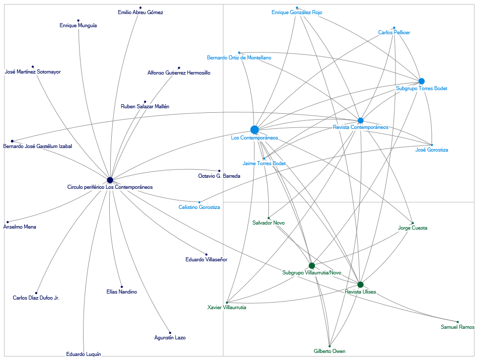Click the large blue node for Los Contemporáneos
pos(255,130)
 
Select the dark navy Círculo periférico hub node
pos(110,180)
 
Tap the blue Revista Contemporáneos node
pos(360,120)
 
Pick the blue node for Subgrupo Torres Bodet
pos(422,81)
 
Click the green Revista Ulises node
pos(360,284)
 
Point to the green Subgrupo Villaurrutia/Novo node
pos(312,265)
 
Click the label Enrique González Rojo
pos(297,13)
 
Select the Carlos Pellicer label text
pos(394,33)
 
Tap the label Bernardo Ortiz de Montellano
pos(239,58)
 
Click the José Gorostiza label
pos(431,150)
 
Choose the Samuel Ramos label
pos(457,327)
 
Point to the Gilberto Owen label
pos(330,351)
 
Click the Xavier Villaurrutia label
pos(227,308)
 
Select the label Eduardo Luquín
pos(84,354)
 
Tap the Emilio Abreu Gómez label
pos(140,13)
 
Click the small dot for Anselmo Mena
pos(8,222)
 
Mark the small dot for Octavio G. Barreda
pos(219,171)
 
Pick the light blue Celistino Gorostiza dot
pos(199,202)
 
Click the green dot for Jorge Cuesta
pos(413,223)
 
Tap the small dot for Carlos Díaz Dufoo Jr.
pos(36,293)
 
